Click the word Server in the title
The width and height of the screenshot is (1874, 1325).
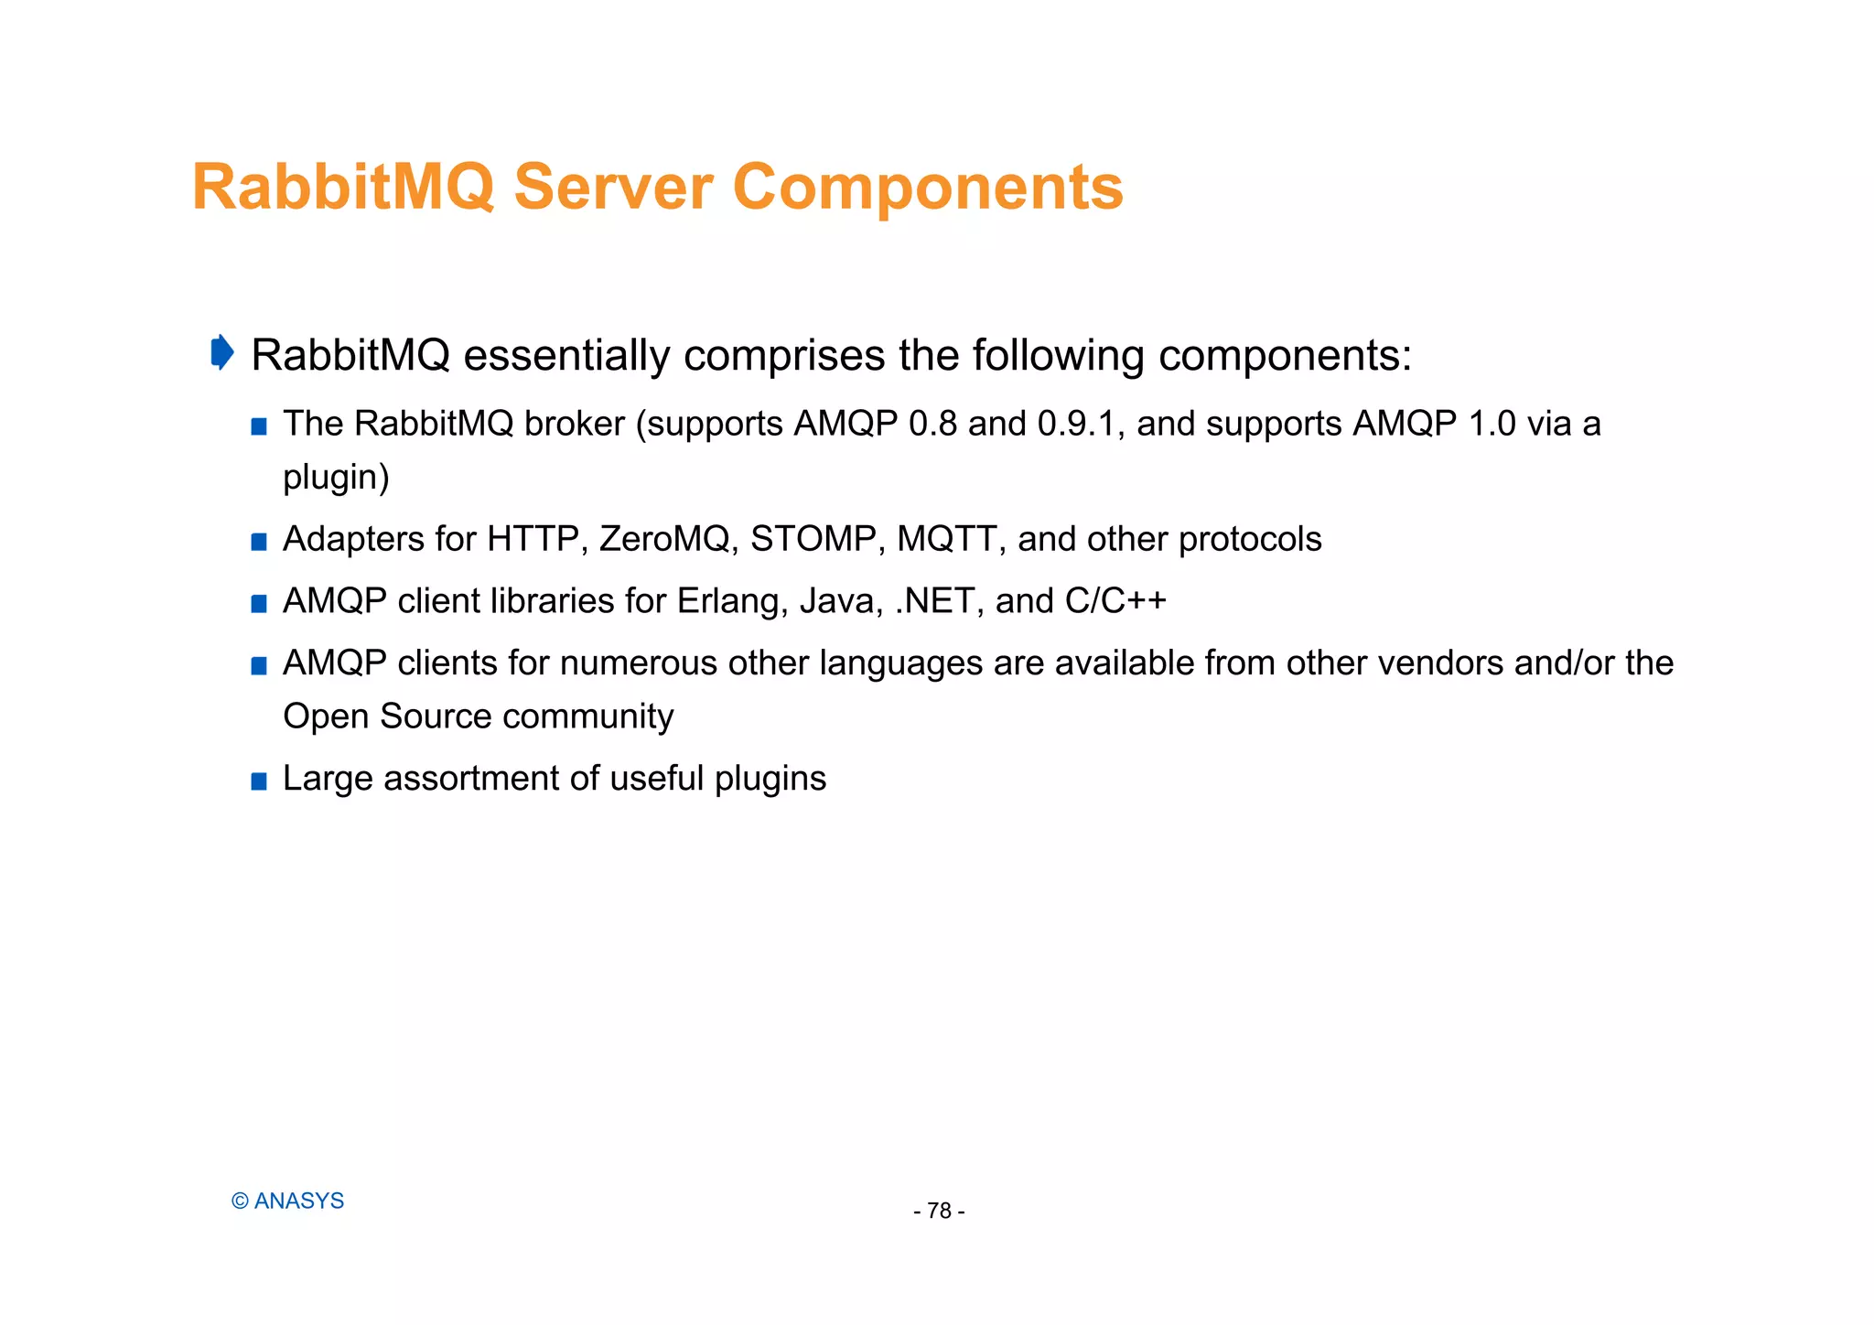point(612,188)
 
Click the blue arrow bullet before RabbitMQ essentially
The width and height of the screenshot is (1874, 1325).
point(221,352)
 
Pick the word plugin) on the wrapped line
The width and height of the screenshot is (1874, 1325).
point(336,478)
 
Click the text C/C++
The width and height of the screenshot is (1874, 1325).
point(1115,601)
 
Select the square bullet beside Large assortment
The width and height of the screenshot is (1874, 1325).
point(259,781)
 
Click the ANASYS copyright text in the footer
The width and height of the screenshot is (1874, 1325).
point(288,1201)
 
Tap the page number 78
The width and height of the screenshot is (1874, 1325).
point(939,1212)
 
